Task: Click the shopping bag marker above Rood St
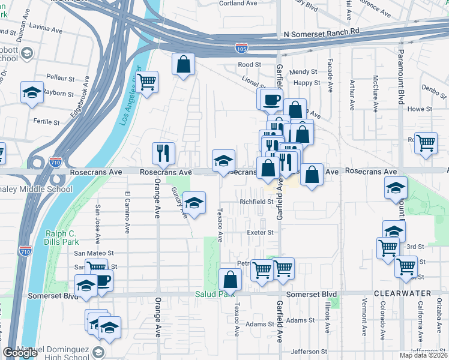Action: coord(183,64)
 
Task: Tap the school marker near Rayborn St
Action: coord(32,92)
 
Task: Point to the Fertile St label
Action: coord(46,122)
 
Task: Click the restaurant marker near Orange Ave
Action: coord(163,153)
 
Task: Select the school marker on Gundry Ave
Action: coord(194,203)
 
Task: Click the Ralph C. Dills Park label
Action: coord(61,238)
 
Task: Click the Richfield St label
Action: coord(256,202)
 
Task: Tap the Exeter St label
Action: coord(260,232)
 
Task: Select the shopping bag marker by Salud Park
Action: coord(231,279)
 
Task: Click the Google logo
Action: coord(20,353)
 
